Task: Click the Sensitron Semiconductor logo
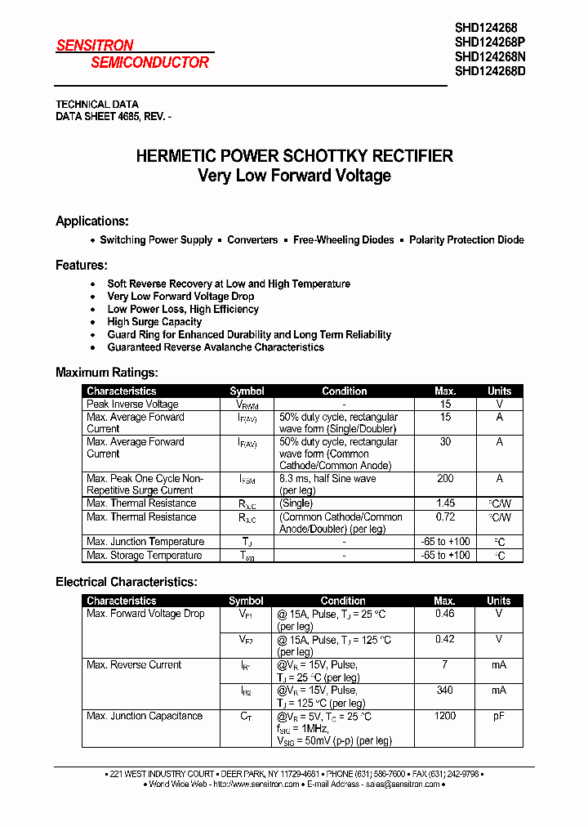tap(132, 54)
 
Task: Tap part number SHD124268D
tap(490, 71)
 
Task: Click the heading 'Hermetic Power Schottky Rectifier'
tap(294, 156)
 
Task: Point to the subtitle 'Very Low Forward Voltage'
tap(294, 176)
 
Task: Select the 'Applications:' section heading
tap(91, 221)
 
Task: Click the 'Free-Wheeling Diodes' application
tap(343, 240)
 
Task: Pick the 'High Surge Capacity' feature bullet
tap(154, 322)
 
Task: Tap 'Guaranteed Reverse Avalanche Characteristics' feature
tap(216, 347)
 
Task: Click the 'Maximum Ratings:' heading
tap(106, 373)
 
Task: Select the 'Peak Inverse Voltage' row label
tap(132, 405)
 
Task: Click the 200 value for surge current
tap(445, 479)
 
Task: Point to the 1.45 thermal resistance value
tap(445, 504)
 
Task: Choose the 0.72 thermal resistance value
tap(445, 517)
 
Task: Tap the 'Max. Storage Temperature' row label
tap(144, 556)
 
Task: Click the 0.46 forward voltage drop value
tap(445, 614)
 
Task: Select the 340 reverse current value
tap(445, 691)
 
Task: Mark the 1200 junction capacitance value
tap(445, 717)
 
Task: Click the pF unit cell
tap(498, 717)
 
